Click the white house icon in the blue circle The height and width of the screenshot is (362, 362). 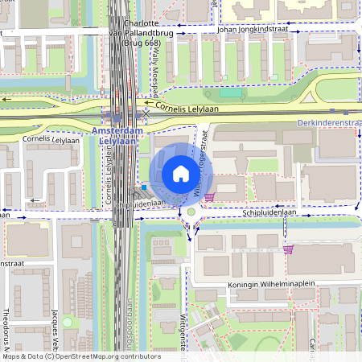click(180, 174)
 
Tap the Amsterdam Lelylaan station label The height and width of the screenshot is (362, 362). click(117, 135)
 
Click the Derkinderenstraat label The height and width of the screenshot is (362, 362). click(331, 122)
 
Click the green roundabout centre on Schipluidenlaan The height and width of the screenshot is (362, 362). click(191, 213)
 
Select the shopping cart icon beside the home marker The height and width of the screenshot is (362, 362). click(210, 196)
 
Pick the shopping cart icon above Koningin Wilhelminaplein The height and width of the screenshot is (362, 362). click(288, 249)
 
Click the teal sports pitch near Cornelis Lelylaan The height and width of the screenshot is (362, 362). click(232, 93)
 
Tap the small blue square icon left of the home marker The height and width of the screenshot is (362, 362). click(144, 187)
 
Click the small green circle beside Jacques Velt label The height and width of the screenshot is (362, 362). click(68, 323)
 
